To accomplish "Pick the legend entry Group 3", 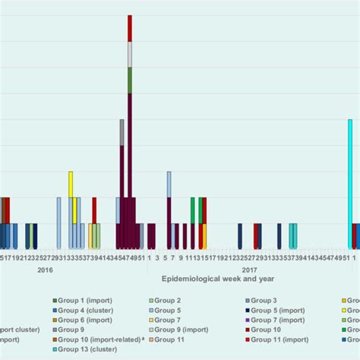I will (x=269, y=301).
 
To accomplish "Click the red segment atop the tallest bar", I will (x=130, y=28).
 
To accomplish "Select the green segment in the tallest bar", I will (x=130, y=81).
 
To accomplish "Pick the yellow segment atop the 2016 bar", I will (x=71, y=185).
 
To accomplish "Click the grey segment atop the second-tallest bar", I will (x=122, y=132).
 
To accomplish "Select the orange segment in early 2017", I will (x=204, y=236).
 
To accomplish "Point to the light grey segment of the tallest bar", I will (x=130, y=55).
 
